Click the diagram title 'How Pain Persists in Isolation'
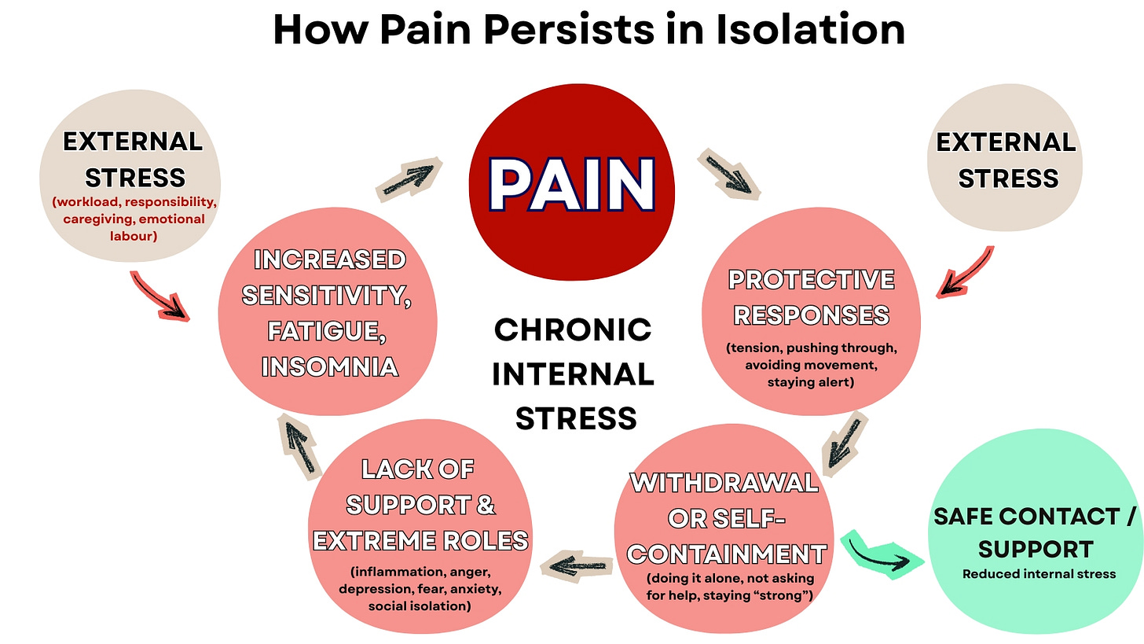[x=588, y=30]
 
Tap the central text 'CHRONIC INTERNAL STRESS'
[x=573, y=374]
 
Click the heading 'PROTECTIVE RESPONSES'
[x=811, y=297]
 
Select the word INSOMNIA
[x=329, y=366]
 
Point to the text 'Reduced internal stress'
[x=1039, y=574]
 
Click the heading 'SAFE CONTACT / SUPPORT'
[x=1035, y=532]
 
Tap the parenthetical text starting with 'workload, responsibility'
[x=134, y=219]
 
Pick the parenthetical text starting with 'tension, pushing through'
[x=811, y=365]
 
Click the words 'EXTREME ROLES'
[x=420, y=541]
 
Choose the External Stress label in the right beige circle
[x=1006, y=160]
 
